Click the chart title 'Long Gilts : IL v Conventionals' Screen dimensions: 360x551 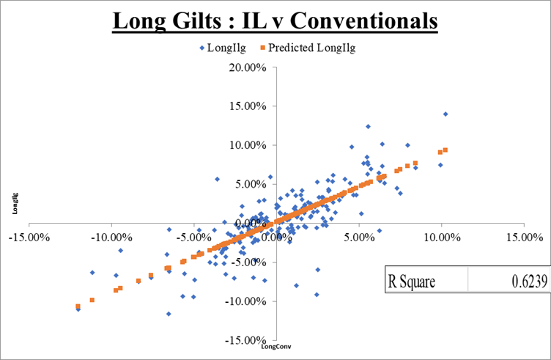(x=275, y=20)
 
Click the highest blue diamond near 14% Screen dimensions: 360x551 (x=445, y=114)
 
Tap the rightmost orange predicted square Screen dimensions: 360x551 (x=445, y=150)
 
